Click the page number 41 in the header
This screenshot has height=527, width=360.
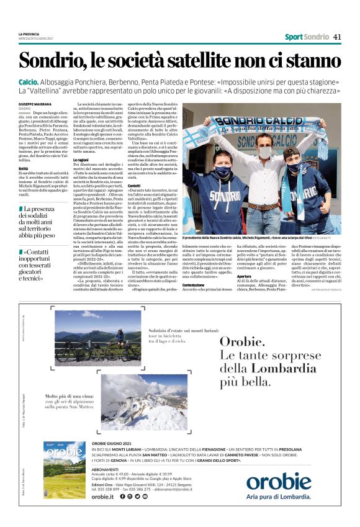coord(336,37)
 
